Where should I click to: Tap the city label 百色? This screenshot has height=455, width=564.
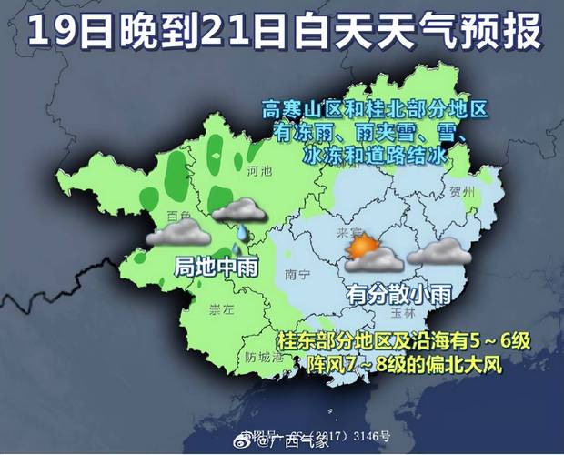[179, 216]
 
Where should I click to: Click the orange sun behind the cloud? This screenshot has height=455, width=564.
[364, 247]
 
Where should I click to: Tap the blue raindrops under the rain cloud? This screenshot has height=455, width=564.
[238, 240]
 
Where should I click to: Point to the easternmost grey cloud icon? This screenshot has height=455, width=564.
[439, 251]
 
